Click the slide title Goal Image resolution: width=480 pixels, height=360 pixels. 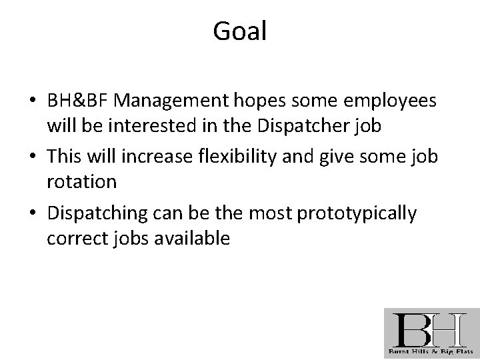(240, 31)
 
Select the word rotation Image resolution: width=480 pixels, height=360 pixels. (81, 181)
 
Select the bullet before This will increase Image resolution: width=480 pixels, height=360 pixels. (33, 159)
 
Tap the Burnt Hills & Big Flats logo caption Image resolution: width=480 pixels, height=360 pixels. (431, 351)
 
